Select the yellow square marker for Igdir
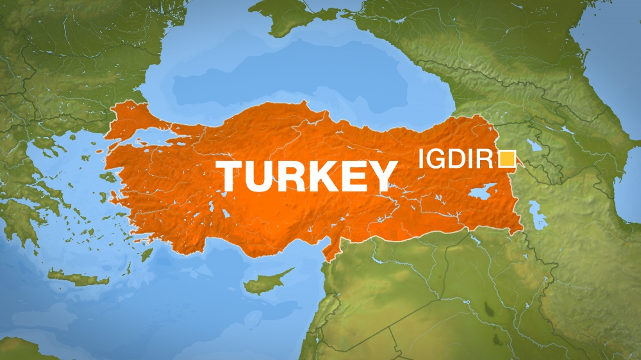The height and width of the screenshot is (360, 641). [508, 158]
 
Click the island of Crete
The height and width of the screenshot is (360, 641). [78, 277]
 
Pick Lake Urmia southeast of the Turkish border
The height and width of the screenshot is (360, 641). [537, 215]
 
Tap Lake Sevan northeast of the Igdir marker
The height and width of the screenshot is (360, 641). [533, 145]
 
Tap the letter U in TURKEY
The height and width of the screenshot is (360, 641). [264, 177]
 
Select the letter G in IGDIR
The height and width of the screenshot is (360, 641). [436, 158]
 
